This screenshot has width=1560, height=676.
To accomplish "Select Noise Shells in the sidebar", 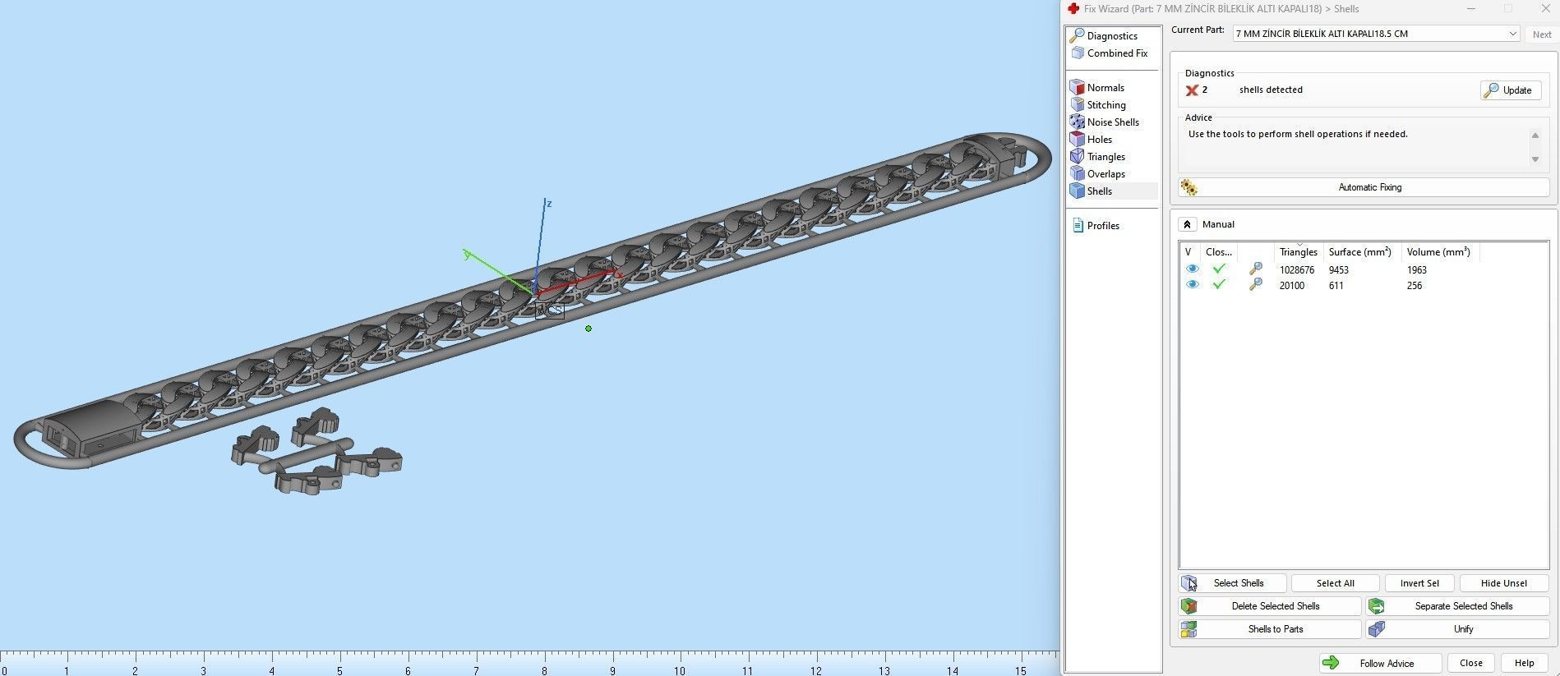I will click(1112, 122).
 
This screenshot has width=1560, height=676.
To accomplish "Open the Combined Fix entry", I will click(1116, 53).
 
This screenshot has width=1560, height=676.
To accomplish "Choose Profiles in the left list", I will click(1102, 226).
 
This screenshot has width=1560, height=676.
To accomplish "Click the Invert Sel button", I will click(1419, 583).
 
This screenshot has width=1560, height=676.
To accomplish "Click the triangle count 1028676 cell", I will click(1296, 270).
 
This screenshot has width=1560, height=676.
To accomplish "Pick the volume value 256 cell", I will click(1414, 286).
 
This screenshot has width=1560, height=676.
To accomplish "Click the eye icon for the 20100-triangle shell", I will click(1192, 285).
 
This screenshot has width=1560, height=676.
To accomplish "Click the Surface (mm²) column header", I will click(1359, 252).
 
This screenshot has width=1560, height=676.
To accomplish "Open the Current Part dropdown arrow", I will click(1512, 34).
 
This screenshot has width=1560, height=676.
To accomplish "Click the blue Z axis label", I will click(549, 204).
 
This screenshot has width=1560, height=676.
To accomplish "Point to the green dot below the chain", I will click(588, 329).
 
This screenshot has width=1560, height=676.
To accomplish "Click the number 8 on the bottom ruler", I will click(544, 670).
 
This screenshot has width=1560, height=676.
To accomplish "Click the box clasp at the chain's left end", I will click(90, 430).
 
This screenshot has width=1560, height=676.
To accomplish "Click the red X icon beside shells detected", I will click(1191, 90).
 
